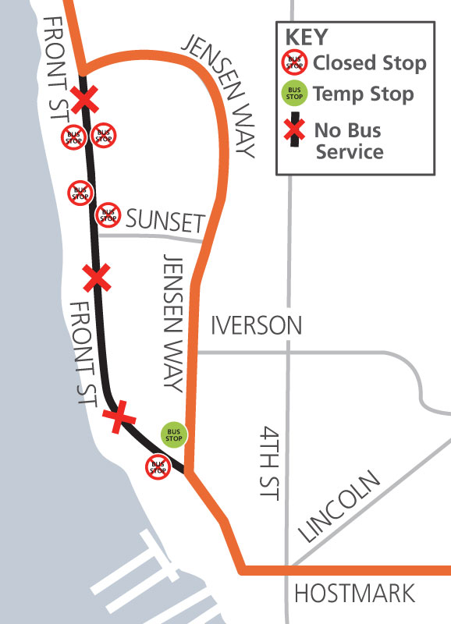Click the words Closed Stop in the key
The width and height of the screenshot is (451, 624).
370,63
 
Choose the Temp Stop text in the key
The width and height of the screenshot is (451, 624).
363,94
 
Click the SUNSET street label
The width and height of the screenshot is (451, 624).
165,222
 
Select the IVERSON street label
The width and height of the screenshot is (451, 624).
256,325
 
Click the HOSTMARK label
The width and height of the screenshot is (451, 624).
354,594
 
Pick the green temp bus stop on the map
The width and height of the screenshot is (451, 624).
173,434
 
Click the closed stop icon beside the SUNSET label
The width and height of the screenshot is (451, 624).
108,213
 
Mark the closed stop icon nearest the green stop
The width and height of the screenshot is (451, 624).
158,467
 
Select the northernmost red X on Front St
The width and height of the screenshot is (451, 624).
85,99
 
